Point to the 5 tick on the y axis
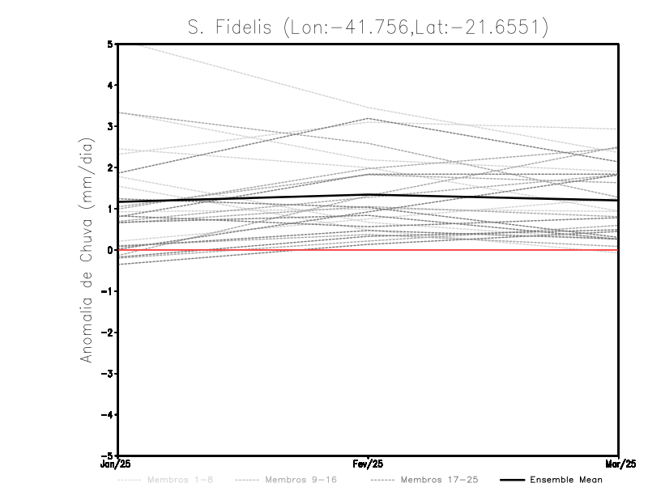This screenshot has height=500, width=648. point(110,44)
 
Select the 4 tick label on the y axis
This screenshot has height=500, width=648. point(110,85)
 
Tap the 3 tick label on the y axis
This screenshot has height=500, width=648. point(110,126)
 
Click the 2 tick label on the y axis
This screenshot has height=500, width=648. point(110,167)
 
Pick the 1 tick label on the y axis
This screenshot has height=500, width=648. point(110,209)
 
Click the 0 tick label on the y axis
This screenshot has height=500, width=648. point(110,250)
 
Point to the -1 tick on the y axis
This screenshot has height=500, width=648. point(108,291)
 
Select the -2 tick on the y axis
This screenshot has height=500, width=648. point(108,333)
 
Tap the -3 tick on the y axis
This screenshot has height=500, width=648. point(108,374)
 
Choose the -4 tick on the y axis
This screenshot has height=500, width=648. point(108,415)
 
